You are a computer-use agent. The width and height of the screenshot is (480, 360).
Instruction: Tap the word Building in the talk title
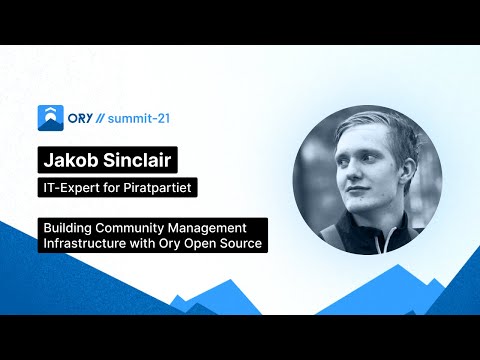(67, 227)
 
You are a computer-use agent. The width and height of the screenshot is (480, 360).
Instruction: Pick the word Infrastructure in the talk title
(85, 242)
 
